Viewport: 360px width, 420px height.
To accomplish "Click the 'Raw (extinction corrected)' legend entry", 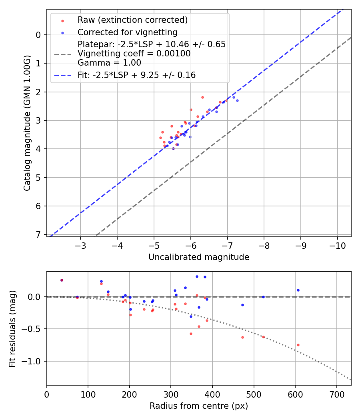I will [x=132, y=20].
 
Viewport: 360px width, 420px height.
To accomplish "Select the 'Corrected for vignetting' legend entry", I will [x=128, y=32].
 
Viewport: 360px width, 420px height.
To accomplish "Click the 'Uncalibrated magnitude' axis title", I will [x=199, y=257].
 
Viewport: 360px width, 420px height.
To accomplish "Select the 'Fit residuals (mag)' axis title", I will [x=12, y=328].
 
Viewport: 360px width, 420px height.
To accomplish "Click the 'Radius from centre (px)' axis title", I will [x=199, y=406].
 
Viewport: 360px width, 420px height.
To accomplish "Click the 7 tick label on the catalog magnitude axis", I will [x=38, y=234].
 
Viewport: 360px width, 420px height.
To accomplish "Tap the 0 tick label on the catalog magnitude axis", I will [x=38, y=35].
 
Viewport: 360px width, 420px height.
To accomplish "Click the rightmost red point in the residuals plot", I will [x=298, y=345].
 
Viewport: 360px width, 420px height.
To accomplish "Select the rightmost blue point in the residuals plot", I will [x=298, y=290].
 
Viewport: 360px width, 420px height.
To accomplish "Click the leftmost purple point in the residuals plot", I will [x=62, y=280].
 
